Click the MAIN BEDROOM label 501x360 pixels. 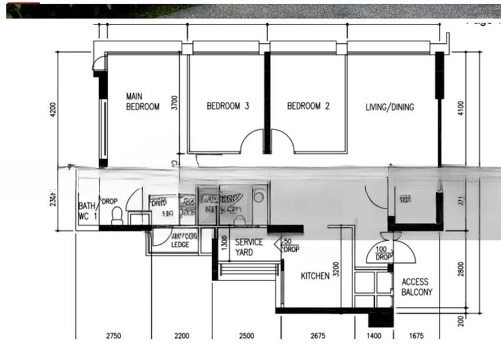pos(143,101)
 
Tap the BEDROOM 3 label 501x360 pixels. pos(228,107)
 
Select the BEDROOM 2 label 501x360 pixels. pos(308,107)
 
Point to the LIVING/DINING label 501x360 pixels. pos(390,108)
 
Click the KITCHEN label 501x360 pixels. pos(315,276)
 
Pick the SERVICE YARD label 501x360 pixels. pos(249,247)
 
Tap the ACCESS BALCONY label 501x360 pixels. pos(417,287)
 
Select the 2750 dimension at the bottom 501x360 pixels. pos(113,336)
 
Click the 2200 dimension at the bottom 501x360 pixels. pos(182,336)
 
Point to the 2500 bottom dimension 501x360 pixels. pos(246,336)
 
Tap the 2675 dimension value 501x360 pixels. pos(318,336)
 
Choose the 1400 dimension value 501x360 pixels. pos(374,336)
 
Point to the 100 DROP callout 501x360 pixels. pos(383,253)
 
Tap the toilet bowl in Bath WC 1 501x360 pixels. pos(116,216)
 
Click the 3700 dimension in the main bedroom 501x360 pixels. pos(175,103)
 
